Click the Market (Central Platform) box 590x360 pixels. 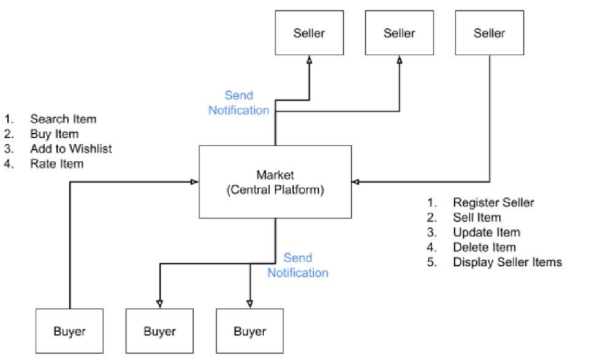click(x=275, y=182)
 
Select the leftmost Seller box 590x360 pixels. click(x=309, y=33)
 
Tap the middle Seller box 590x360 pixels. click(x=399, y=33)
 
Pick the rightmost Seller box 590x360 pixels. click(x=489, y=33)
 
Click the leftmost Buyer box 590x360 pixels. click(x=69, y=331)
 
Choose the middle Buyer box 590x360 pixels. click(x=159, y=331)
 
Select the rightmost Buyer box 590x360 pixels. click(x=250, y=331)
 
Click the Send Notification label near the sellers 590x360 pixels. click(x=239, y=103)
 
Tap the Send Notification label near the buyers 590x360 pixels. click(x=297, y=265)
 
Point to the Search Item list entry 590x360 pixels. click(x=63, y=119)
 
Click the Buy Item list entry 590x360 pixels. click(x=54, y=134)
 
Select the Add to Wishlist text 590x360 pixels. click(x=71, y=148)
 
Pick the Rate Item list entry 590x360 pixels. click(x=56, y=164)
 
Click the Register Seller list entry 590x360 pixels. click(x=493, y=202)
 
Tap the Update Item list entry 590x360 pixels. click(x=486, y=232)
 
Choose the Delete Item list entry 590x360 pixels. click(x=484, y=247)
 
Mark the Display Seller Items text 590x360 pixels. click(x=507, y=262)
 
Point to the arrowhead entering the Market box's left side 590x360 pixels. click(x=194, y=182)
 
